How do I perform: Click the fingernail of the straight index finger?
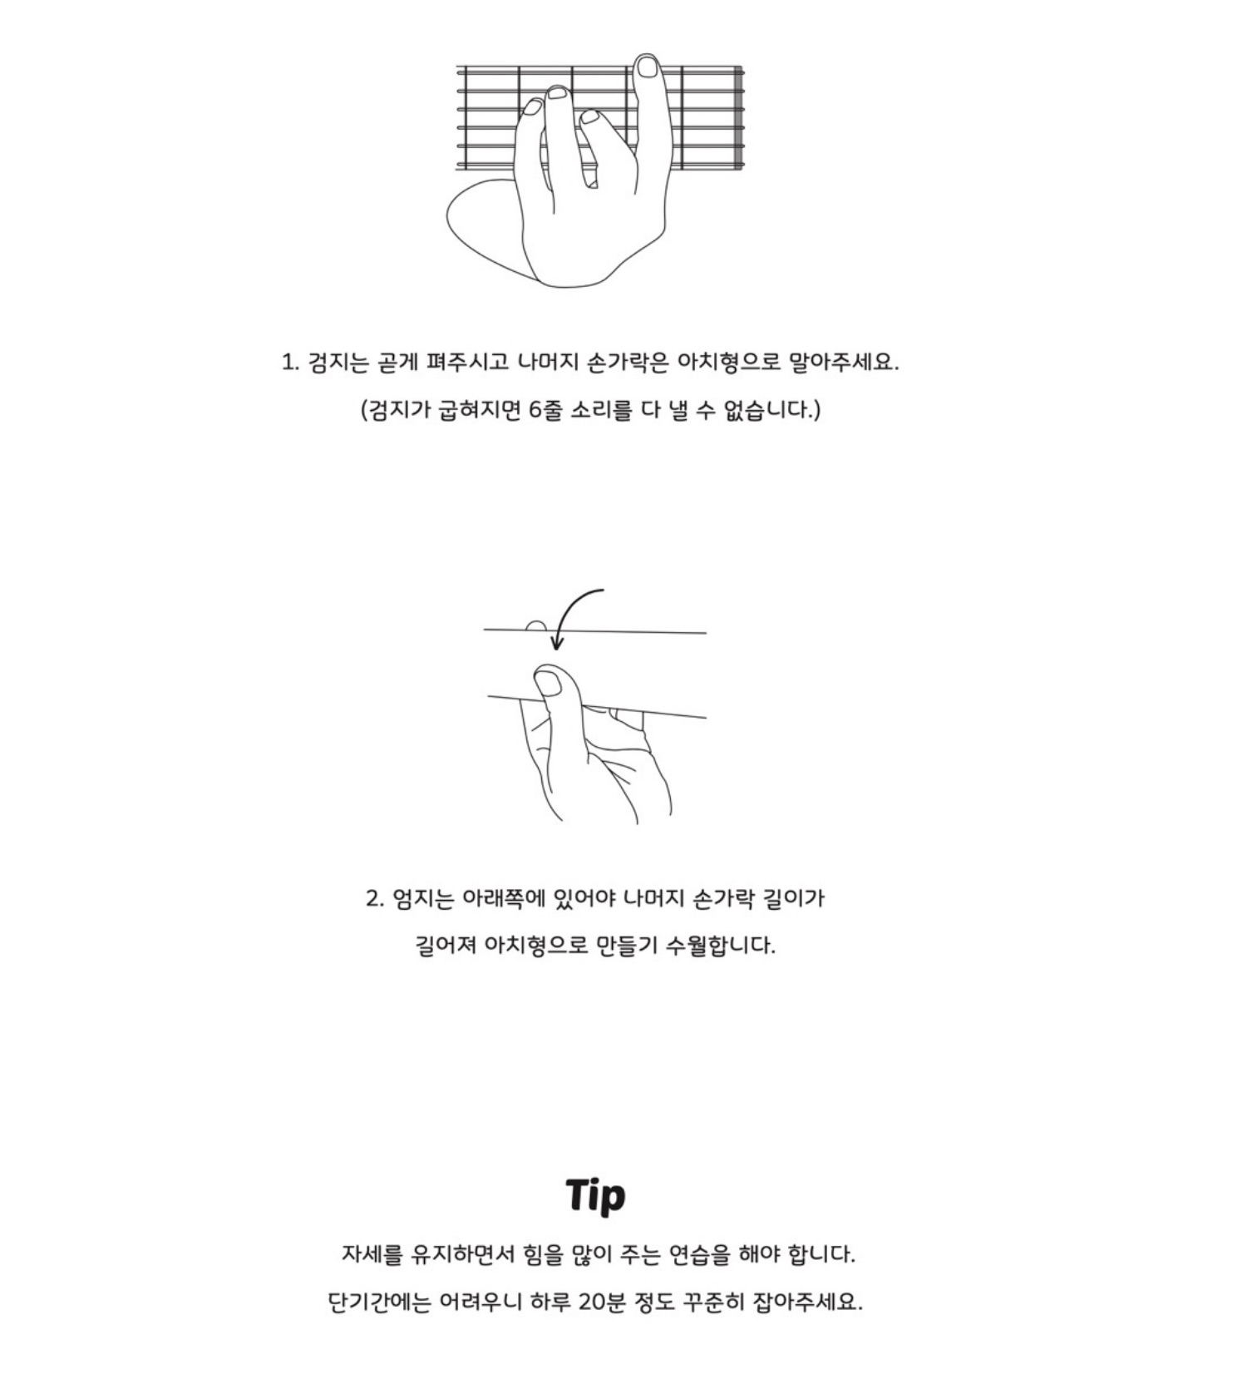646,67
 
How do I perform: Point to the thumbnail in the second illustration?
549,684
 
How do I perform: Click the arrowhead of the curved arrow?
557,643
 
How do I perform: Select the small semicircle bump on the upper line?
536,626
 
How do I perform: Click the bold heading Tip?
595,1196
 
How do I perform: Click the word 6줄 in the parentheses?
545,410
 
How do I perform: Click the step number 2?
373,899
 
